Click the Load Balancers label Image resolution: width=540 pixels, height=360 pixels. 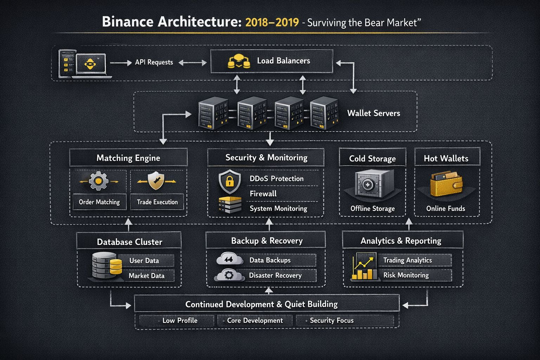click(x=283, y=61)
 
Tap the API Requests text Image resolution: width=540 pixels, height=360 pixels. click(x=154, y=62)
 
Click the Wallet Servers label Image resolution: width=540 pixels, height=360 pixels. click(x=373, y=113)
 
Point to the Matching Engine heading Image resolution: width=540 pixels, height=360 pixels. click(x=128, y=158)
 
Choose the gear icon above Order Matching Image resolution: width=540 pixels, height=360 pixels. click(x=99, y=181)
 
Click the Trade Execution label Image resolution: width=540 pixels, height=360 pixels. click(x=157, y=202)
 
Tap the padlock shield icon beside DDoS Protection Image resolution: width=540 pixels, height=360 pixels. click(x=230, y=181)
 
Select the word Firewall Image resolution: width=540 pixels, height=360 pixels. click(x=263, y=194)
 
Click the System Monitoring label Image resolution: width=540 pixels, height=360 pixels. click(x=278, y=208)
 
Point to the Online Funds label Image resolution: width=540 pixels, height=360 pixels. click(x=445, y=208)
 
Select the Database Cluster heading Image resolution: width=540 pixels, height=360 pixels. click(x=129, y=242)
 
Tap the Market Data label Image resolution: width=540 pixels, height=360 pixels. click(x=146, y=276)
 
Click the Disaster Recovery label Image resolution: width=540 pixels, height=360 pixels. click(x=275, y=275)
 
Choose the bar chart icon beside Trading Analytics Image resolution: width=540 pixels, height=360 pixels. click(x=365, y=267)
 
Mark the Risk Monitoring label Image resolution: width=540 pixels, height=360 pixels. click(x=406, y=275)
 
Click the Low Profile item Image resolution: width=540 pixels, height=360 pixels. click(x=180, y=321)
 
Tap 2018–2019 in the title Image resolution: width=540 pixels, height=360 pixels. click(x=272, y=22)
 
